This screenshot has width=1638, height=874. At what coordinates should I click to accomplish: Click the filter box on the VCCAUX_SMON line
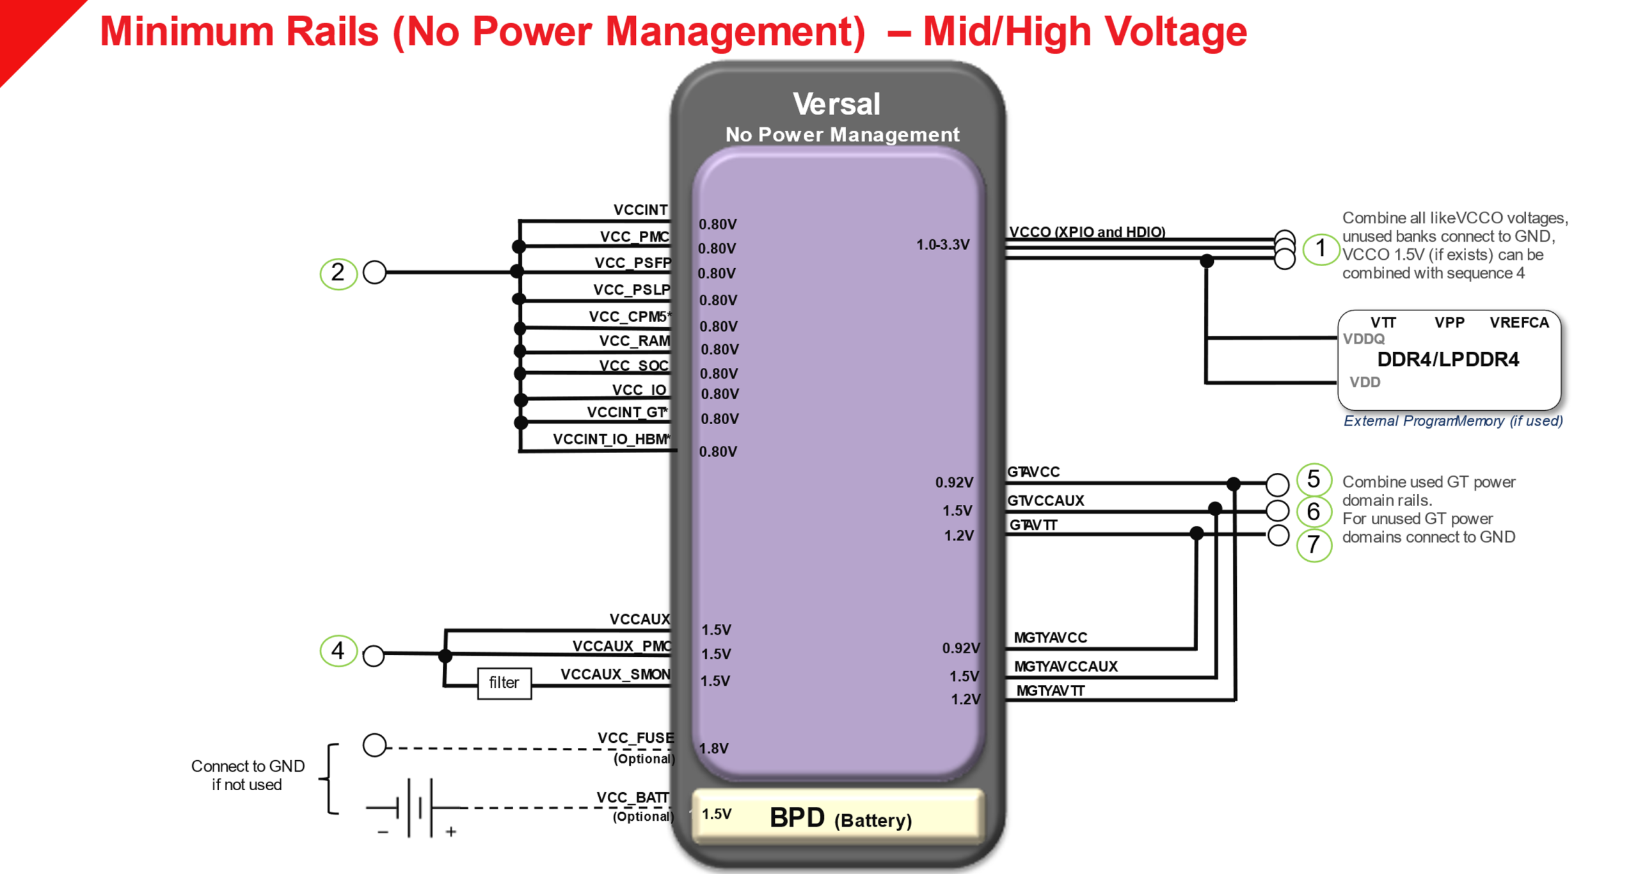504,683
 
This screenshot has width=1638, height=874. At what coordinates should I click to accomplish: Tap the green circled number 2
338,273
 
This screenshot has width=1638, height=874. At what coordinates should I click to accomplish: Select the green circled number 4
338,651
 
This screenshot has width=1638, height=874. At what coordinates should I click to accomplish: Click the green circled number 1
1320,248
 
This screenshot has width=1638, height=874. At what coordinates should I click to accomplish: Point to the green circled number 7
1313,544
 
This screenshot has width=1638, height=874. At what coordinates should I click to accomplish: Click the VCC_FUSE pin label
635,738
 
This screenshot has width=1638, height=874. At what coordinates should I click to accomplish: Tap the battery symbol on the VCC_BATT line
415,808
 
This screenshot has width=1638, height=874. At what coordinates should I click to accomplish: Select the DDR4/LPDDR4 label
1447,360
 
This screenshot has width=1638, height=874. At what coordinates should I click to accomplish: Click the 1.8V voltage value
713,748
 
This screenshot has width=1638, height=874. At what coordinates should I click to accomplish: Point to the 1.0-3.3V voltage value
942,244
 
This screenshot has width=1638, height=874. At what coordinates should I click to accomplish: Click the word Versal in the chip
836,104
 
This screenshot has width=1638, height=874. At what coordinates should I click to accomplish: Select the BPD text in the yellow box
797,818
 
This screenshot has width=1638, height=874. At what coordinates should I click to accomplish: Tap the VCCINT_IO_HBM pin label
611,439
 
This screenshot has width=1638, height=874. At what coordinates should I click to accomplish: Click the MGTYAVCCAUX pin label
1065,667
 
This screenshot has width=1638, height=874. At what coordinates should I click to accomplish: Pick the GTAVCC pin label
1033,472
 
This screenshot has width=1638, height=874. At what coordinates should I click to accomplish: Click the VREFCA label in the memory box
1518,322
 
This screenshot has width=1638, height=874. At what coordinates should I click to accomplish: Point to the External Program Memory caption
1452,421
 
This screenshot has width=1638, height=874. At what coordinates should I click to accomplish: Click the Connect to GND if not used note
247,775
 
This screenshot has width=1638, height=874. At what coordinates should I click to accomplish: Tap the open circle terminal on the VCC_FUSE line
374,745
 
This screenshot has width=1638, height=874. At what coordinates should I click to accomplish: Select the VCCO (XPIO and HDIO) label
1086,232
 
